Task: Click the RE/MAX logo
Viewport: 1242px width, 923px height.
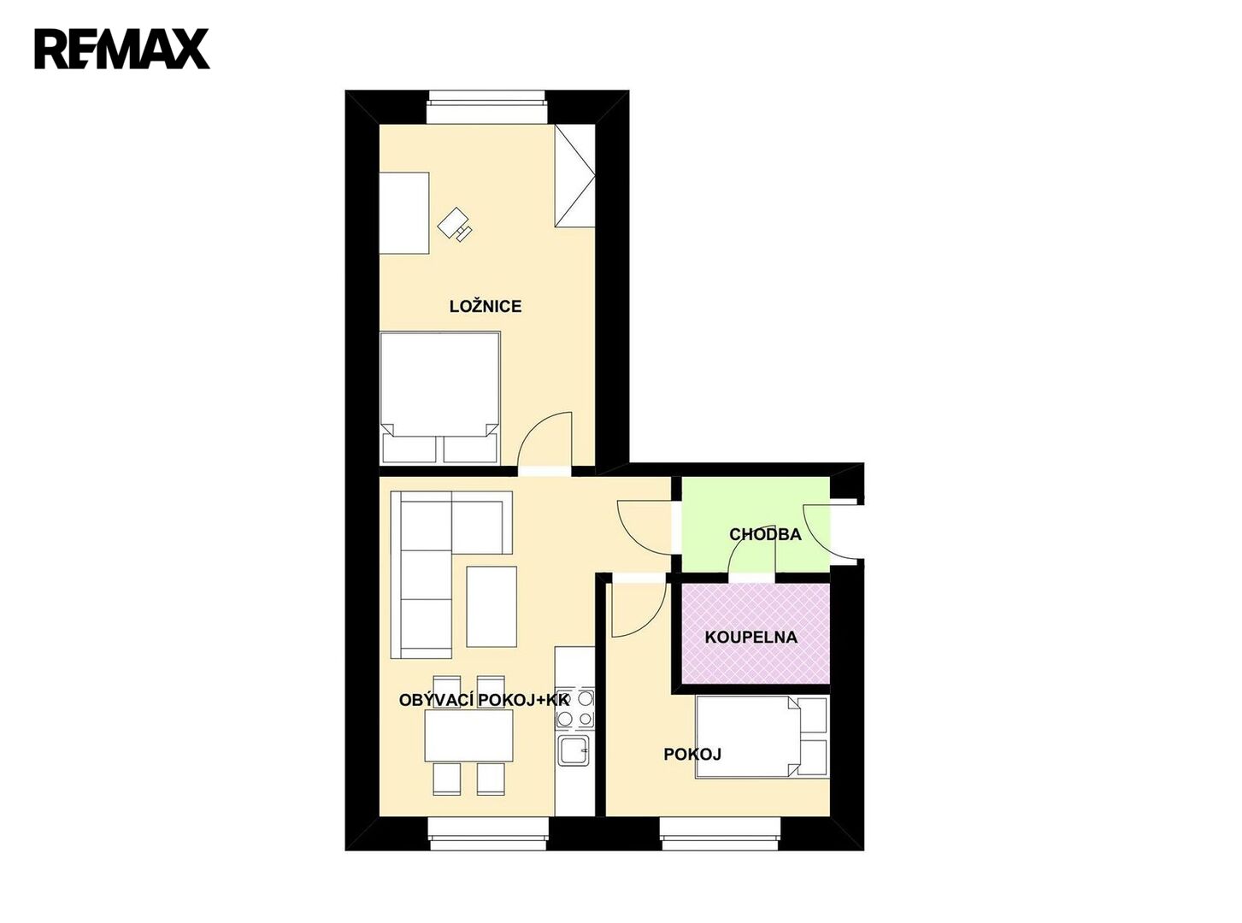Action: (121, 49)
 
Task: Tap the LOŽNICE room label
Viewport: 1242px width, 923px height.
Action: (485, 306)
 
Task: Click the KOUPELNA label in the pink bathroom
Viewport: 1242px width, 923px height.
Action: (750, 637)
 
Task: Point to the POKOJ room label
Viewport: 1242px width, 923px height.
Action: (692, 755)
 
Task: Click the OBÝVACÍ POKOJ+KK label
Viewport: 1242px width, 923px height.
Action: (484, 700)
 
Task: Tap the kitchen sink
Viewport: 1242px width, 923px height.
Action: (574, 750)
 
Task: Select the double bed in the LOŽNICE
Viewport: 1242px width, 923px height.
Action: (439, 397)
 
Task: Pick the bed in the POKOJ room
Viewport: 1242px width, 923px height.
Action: (762, 737)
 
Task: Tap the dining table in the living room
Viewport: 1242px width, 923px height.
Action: (469, 735)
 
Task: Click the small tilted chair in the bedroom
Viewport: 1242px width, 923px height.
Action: (454, 225)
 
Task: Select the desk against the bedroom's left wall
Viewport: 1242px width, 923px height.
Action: (404, 213)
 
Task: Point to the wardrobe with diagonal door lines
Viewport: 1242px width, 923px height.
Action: (574, 175)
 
